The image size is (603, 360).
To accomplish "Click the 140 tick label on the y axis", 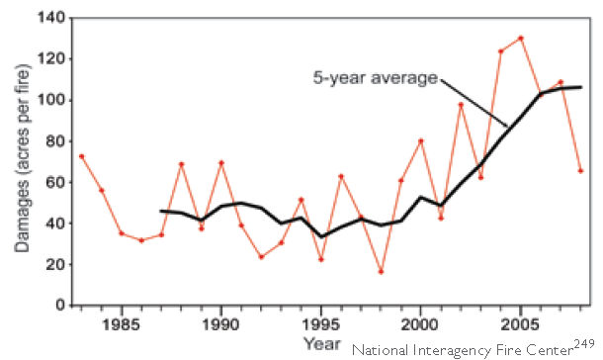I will [49, 19].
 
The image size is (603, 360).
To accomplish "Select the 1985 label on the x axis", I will [121, 323].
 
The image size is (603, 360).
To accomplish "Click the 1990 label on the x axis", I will [220, 323].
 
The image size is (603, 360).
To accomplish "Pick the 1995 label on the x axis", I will [320, 323].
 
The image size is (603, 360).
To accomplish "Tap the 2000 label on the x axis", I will [420, 323].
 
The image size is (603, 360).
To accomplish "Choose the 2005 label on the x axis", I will [520, 323].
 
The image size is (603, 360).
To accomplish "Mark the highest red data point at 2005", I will [520, 38].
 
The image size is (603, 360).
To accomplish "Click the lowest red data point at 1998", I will [381, 271].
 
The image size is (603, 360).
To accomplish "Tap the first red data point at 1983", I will [81, 155].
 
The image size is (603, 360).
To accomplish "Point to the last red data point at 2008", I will [580, 170].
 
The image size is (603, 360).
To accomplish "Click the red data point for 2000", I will [420, 140].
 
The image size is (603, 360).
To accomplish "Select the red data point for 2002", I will [461, 104].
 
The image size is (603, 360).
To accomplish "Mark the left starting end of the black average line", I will [161, 211].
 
